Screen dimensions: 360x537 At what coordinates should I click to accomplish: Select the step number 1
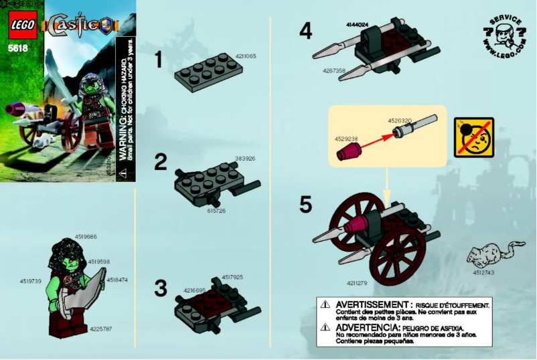coord(159,60)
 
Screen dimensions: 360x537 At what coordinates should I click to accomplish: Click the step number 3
coord(160,288)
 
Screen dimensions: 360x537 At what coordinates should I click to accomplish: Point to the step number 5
coord(305,205)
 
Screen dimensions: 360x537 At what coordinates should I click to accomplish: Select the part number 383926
coord(246,159)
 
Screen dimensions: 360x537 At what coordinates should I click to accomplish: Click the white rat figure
coord(490,255)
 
